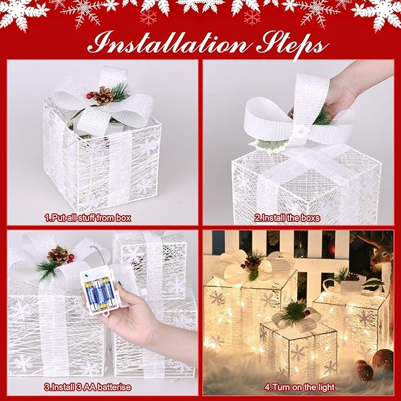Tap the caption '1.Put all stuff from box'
pyautogui.click(x=88, y=218)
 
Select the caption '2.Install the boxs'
pyautogui.click(x=287, y=218)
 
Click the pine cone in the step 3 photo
pyautogui.click(x=58, y=255)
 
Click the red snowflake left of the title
pyautogui.click(x=149, y=17)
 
